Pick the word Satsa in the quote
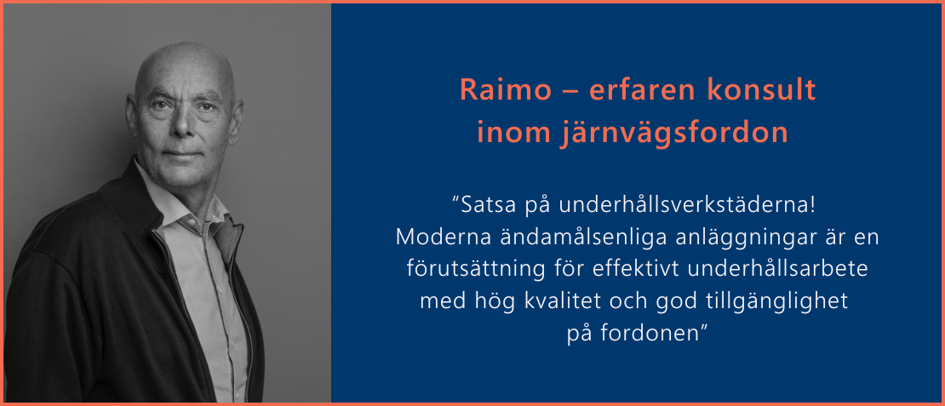[484, 206]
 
